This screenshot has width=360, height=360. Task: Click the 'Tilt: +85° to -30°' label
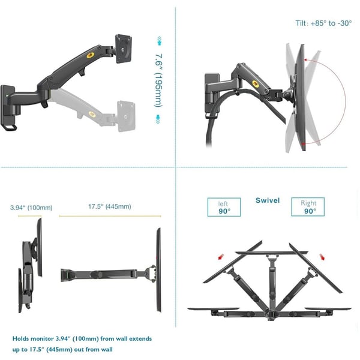[323, 23]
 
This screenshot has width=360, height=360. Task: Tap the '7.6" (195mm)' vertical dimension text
[158, 80]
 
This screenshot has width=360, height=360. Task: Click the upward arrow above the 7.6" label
[159, 41]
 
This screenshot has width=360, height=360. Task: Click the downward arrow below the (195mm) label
[158, 119]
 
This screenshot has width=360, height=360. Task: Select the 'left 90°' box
[224, 207]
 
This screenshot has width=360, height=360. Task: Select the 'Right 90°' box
[308, 206]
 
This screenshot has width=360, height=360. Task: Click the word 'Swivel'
[268, 200]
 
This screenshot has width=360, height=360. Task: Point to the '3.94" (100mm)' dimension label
[31, 208]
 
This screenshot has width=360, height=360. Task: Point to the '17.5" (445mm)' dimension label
[110, 206]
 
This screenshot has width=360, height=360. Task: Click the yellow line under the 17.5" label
[110, 216]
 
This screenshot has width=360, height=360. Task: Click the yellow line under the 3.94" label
[30, 216]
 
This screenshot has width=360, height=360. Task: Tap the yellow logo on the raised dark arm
[91, 55]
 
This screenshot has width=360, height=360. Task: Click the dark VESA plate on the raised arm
[124, 49]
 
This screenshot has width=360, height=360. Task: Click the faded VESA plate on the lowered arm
[126, 116]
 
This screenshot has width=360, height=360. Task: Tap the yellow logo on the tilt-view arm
[256, 84]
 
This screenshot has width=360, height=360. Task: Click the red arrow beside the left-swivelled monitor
[221, 257]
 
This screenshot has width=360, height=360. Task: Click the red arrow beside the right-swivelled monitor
[322, 257]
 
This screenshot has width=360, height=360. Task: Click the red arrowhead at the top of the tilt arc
[305, 60]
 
